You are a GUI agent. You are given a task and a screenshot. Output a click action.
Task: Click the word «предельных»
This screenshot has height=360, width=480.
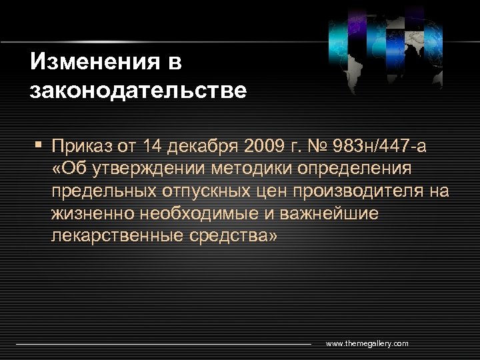tap(102, 192)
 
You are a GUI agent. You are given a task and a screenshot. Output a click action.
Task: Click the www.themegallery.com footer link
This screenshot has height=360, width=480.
tap(367, 343)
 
